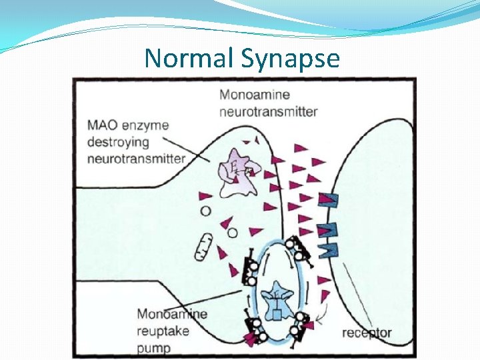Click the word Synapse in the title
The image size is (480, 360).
[x=291, y=58]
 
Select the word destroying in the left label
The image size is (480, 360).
[x=118, y=142]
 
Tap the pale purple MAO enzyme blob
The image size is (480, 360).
[x=235, y=171]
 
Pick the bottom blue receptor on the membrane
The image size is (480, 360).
[x=329, y=250]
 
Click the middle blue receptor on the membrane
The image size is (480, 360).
[x=329, y=229]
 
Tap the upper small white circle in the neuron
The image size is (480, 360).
[x=206, y=211]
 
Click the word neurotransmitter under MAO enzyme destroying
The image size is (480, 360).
[x=136, y=159]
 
